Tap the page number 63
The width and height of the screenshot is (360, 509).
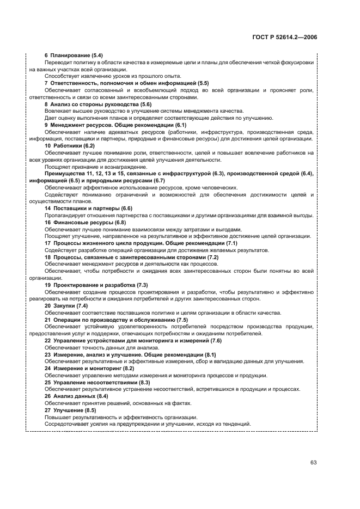[313, 462]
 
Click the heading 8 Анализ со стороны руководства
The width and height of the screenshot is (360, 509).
[90, 104]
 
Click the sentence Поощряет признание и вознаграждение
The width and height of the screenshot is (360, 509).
[96, 167]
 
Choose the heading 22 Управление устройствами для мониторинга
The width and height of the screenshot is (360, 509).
[133, 340]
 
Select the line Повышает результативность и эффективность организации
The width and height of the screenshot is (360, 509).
[121, 417]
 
